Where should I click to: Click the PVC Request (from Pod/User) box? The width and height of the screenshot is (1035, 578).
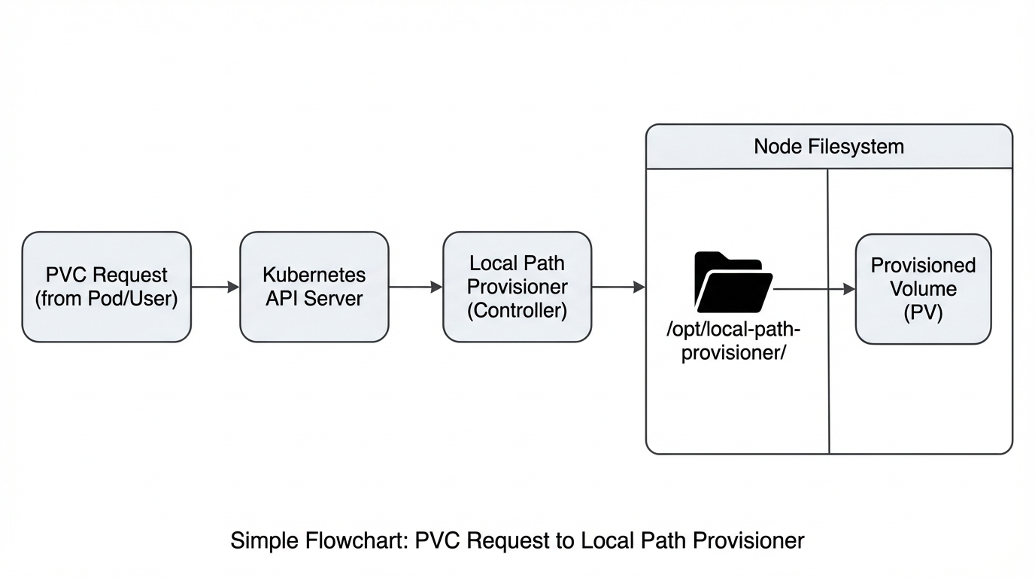[106, 287]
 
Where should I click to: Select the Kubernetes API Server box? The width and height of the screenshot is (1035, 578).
[314, 287]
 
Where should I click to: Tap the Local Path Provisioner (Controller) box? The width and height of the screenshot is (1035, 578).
[517, 287]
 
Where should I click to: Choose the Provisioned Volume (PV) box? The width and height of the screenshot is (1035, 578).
[923, 289]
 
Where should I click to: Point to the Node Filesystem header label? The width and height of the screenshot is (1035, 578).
[829, 146]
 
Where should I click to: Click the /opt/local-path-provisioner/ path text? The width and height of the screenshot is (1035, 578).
[733, 341]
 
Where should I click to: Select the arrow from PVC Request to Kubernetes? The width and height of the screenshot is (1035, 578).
[215, 287]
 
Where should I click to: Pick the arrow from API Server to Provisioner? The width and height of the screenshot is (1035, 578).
[415, 287]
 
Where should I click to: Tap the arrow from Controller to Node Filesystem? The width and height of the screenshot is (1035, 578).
[618, 287]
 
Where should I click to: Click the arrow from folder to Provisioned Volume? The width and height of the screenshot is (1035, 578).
[815, 289]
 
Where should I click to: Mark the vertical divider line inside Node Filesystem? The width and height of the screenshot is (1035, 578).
[828, 376]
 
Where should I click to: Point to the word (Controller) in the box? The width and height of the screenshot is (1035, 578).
[517, 310]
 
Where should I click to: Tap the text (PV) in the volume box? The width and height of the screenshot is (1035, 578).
[923, 312]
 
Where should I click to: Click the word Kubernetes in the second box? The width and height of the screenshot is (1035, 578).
[314, 275]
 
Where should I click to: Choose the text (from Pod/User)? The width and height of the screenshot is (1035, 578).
[106, 299]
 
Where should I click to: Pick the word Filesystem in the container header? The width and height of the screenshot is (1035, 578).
[856, 146]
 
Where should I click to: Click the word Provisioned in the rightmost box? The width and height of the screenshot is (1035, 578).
[923, 266]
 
